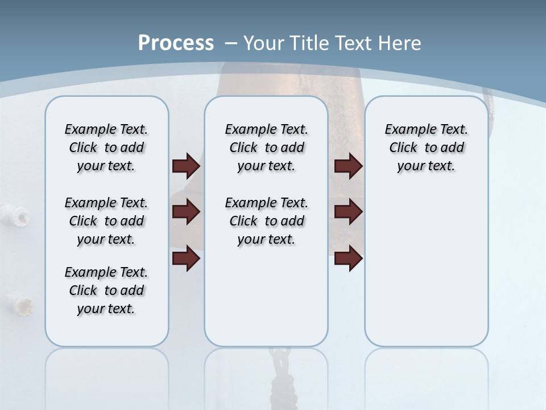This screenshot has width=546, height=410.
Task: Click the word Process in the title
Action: (176, 43)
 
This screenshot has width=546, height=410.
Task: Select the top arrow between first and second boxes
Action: (186, 166)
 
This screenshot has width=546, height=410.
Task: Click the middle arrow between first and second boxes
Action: (186, 212)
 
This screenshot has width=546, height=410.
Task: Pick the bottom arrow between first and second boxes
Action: (186, 259)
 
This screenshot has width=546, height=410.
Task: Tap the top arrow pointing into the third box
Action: (348, 166)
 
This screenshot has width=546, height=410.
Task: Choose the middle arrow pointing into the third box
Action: (348, 212)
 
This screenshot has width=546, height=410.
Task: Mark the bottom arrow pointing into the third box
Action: (348, 259)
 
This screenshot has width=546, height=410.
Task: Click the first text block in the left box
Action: (106, 147)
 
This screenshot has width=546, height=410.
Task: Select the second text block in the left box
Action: (106, 221)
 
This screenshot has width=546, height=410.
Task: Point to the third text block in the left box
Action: (106, 290)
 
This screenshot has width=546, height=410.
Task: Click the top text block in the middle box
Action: (266, 147)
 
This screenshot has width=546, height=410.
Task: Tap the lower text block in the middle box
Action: (266, 221)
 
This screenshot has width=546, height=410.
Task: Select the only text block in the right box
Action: (426, 147)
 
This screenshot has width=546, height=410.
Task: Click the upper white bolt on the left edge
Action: (22, 215)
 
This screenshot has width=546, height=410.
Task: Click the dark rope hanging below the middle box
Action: (280, 376)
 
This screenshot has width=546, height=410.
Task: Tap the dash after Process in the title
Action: (231, 43)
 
